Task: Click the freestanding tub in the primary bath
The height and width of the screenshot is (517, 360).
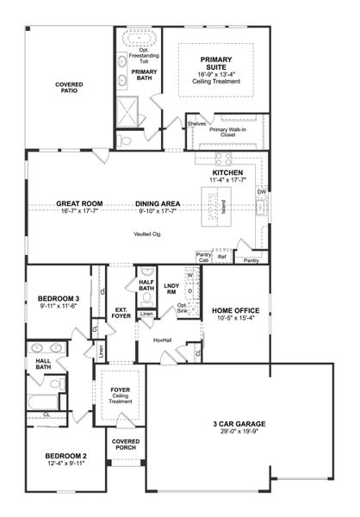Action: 137,38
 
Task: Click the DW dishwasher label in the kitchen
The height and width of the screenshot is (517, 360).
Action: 262,191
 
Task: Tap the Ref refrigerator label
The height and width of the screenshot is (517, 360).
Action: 222,256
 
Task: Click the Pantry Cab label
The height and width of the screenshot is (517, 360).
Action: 204,257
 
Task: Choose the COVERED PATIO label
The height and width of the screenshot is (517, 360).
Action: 70,87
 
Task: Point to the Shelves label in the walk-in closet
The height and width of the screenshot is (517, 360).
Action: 196,123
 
